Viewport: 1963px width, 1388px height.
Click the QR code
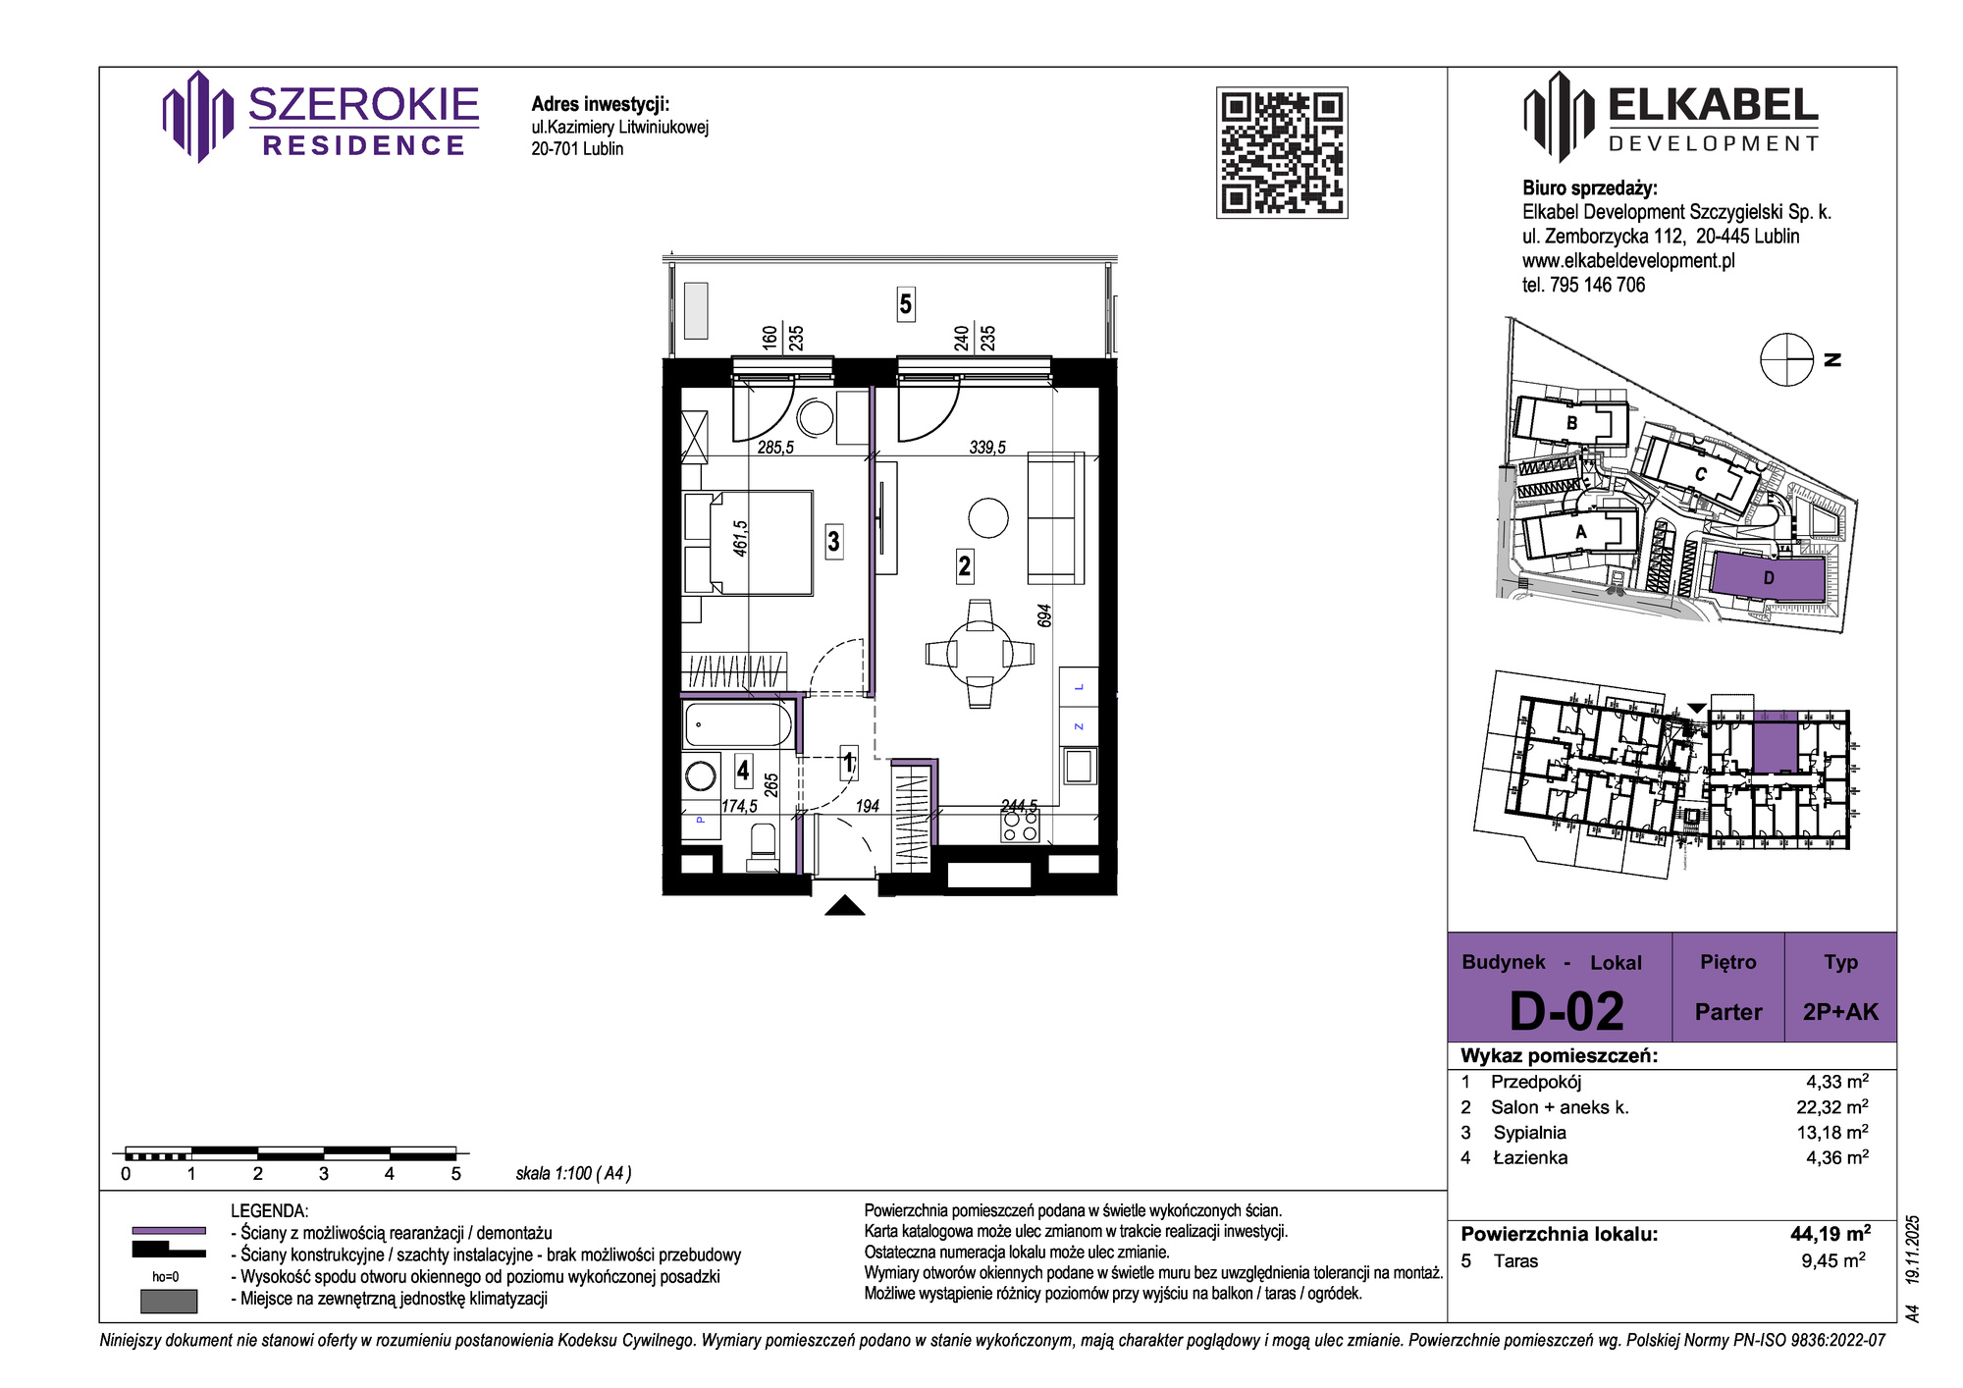1282,152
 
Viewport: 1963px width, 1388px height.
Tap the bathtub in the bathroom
738,725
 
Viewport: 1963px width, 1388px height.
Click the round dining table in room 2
980,653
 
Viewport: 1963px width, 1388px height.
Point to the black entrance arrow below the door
845,905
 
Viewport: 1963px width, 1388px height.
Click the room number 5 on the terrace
905,304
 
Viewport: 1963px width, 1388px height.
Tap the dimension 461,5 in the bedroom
741,539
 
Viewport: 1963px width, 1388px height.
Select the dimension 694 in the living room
1044,615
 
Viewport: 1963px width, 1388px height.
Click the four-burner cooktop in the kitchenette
1020,827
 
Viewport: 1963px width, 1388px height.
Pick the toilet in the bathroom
763,845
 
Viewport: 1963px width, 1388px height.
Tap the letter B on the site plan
1571,423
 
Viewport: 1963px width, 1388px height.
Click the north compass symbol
1786,360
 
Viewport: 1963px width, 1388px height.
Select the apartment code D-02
1566,1011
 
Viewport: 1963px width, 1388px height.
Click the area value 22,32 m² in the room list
1832,1107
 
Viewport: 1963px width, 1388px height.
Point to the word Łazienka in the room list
1530,1158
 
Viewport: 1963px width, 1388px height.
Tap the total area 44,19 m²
1830,1234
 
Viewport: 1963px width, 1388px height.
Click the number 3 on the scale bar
324,1174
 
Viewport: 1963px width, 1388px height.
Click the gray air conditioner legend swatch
169,1301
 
